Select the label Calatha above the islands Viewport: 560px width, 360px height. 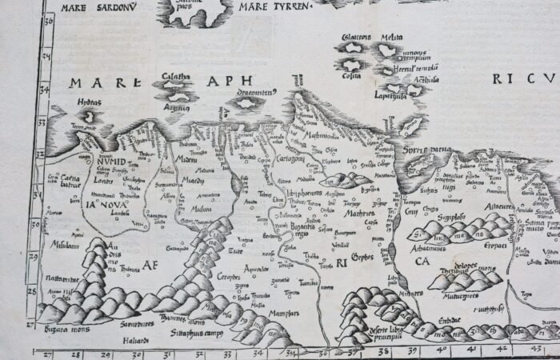pos(176,78)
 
